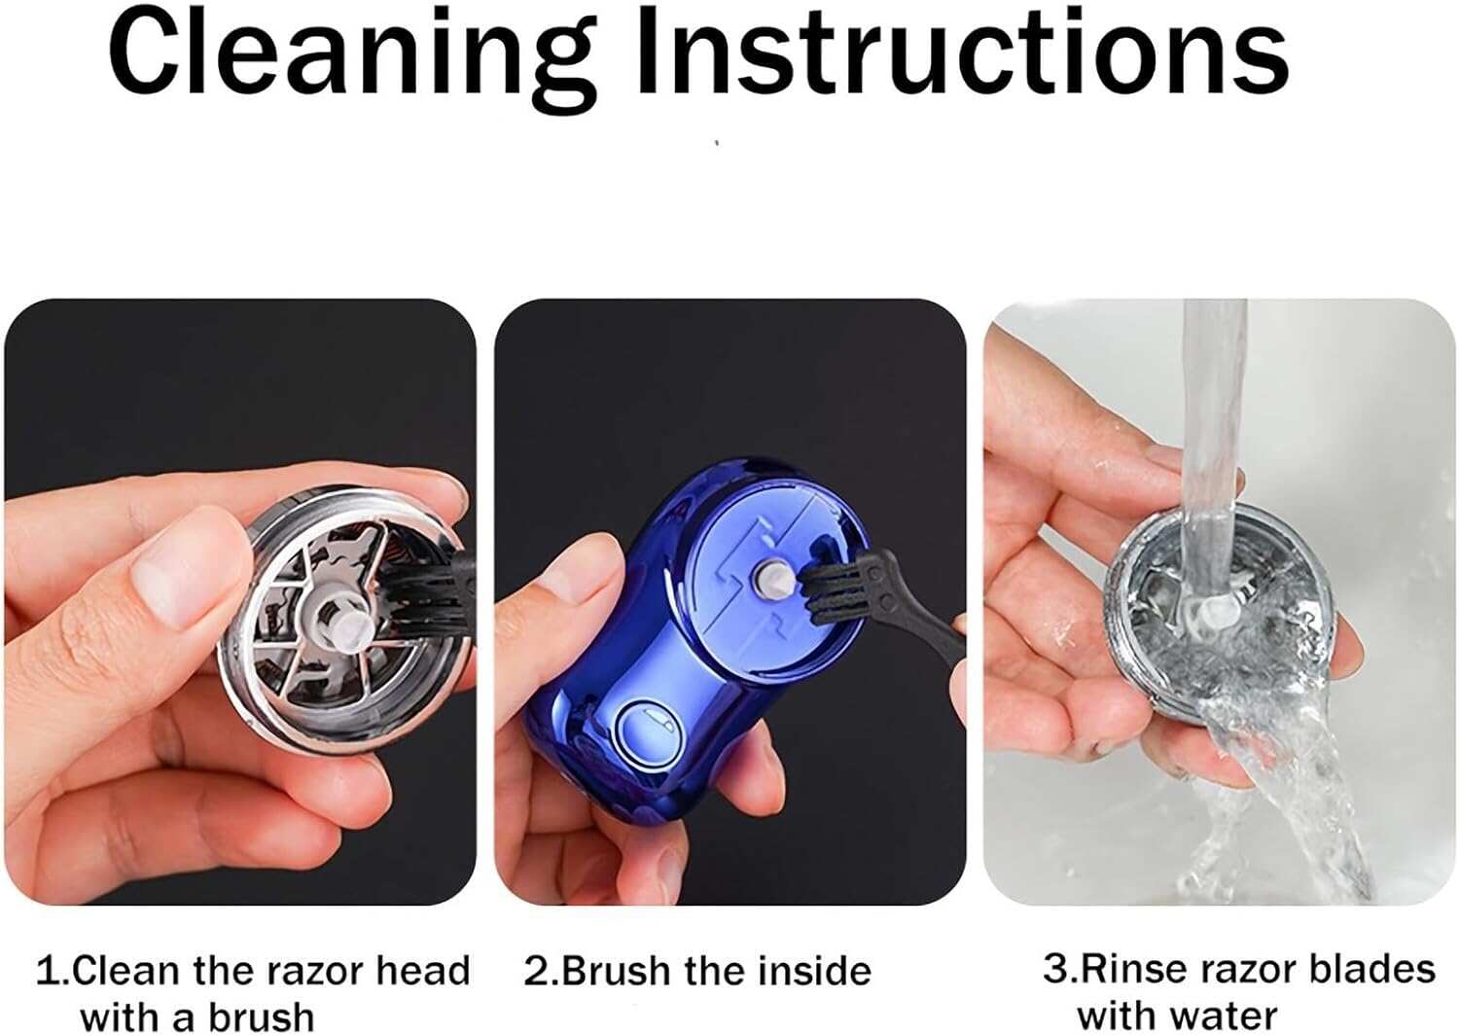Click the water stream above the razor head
click(x=1211, y=418)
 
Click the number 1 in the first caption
click(x=46, y=971)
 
